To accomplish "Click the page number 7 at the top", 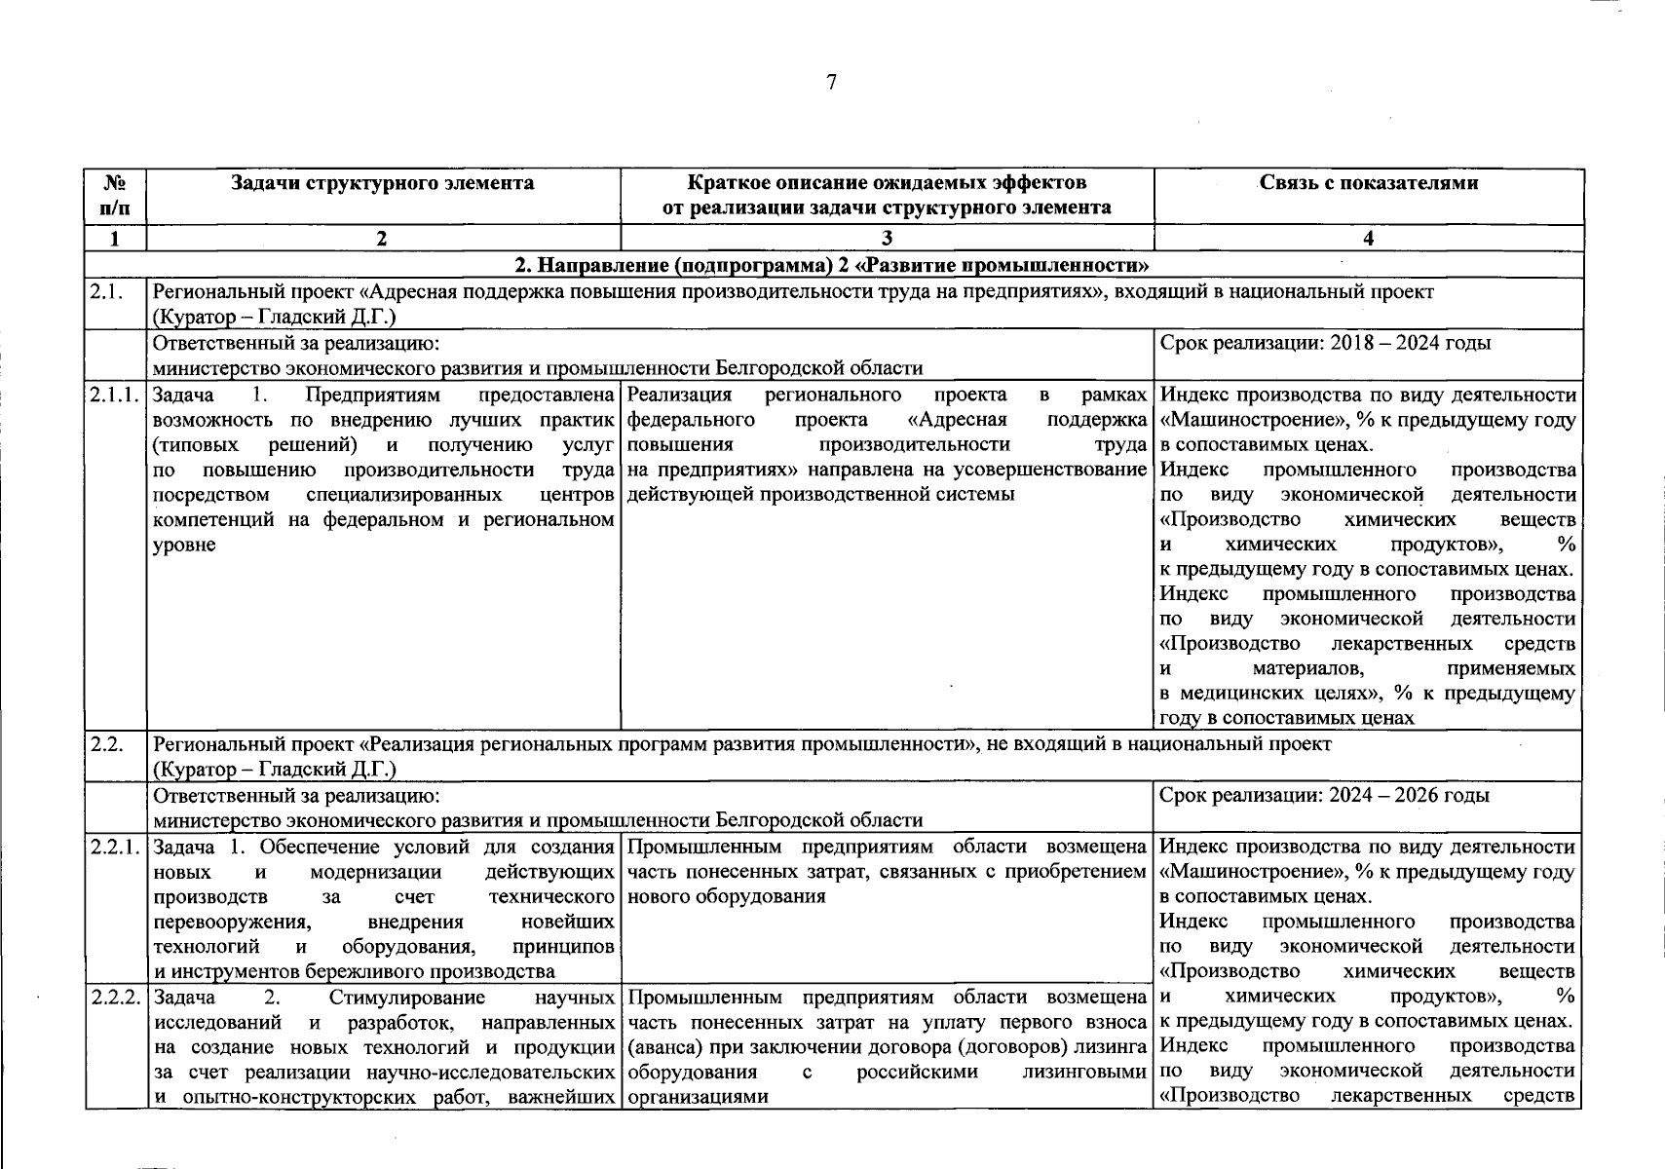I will (x=831, y=83).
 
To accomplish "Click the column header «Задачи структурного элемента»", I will (x=382, y=183).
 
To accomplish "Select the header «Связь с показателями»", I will (x=1368, y=183).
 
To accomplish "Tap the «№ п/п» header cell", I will (x=116, y=195).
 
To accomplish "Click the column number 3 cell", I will (x=887, y=239).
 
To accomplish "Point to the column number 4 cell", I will (x=1368, y=239).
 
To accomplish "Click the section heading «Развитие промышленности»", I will (x=831, y=265).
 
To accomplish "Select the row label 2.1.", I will (x=105, y=291).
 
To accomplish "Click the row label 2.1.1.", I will (x=115, y=396).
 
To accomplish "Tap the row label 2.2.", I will (x=105, y=744).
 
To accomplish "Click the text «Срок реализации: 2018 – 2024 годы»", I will (x=1325, y=343).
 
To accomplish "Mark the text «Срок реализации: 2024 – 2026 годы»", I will (x=1325, y=795).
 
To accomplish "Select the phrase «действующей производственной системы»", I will (x=821, y=495).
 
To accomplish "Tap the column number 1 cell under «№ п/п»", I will (x=116, y=239).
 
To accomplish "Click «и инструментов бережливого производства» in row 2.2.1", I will (x=355, y=971).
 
